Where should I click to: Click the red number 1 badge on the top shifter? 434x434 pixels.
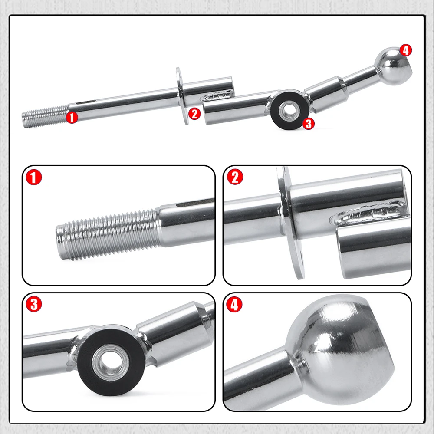72,117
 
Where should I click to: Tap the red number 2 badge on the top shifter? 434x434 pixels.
194,114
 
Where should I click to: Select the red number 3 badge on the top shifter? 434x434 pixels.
309,124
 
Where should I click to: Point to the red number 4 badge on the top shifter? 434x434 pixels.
405,50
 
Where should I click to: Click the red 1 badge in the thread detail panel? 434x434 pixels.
34,178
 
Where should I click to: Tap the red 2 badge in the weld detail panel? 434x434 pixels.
235,177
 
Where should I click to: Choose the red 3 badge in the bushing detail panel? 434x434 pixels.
34,304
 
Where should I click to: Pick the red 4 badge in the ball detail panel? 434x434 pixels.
234,304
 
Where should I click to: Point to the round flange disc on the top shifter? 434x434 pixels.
182,96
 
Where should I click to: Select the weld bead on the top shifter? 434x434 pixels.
217,96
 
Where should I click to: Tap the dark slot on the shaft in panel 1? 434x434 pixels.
195,203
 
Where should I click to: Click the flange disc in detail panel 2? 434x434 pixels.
291,223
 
